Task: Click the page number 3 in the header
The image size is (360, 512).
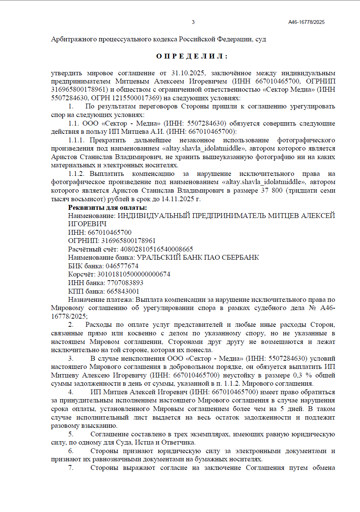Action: point(193,22)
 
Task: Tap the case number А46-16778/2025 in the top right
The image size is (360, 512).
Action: point(306,22)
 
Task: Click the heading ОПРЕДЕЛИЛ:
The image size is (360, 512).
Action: point(192,56)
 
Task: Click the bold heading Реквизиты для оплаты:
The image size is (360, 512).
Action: point(107,208)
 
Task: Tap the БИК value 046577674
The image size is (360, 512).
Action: point(122,266)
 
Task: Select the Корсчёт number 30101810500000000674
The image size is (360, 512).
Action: point(134,274)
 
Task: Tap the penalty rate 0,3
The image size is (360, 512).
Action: point(297,375)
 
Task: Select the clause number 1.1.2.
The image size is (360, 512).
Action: point(76,174)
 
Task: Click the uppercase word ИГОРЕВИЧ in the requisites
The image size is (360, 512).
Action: point(87,224)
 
